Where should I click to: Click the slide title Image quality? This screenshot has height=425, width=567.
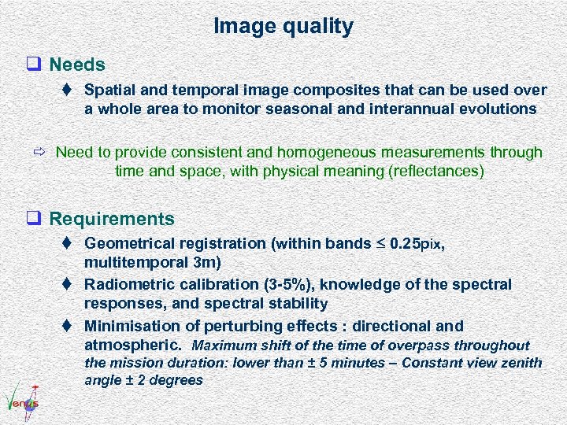point(283,26)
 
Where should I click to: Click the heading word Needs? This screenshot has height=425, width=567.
point(76,63)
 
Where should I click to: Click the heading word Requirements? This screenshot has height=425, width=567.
point(111,218)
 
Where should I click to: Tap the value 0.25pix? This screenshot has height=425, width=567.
point(417,244)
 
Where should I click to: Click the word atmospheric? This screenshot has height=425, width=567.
point(132,345)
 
